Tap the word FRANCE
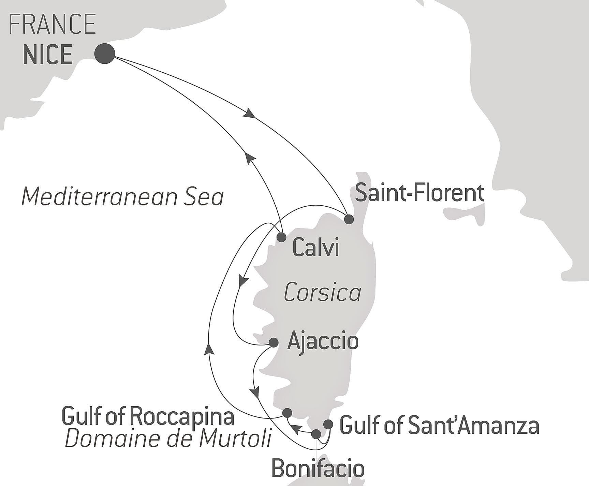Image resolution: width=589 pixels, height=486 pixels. point(52,24)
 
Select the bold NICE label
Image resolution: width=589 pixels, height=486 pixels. point(48,55)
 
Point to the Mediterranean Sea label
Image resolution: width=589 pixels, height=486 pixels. point(122,197)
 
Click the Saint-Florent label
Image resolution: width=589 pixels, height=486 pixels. point(419,193)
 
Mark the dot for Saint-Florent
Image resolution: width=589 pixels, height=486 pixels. point(349,219)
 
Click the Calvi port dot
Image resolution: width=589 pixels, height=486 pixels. point(281,237)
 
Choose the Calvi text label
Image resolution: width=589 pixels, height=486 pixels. point(315,248)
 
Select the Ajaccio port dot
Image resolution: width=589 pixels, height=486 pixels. point(274,342)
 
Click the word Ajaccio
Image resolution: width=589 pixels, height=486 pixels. point(323,341)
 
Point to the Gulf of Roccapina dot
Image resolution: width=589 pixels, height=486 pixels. point(288,413)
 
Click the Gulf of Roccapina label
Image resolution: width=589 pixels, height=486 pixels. point(148,416)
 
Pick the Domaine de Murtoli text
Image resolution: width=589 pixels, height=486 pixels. point(168,439)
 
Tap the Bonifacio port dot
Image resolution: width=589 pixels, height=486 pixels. point(316,434)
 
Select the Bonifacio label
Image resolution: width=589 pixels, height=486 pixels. point(318,469)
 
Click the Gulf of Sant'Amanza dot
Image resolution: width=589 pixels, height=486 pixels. point(328,424)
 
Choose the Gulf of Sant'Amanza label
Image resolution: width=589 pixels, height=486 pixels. point(440,426)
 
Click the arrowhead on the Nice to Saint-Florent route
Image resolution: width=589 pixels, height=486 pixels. point(249,114)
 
